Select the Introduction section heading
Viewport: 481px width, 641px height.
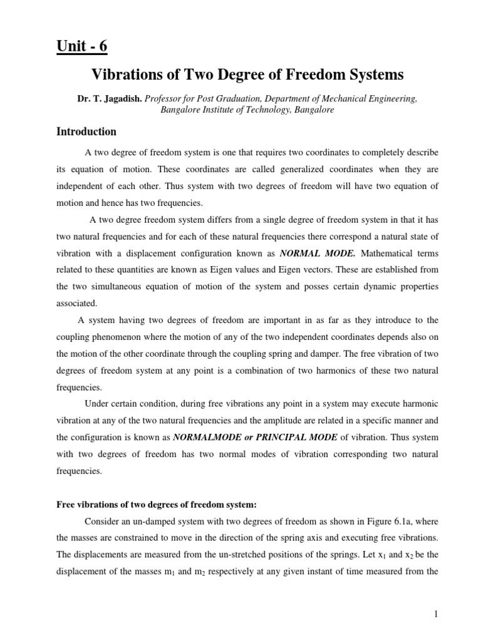[86, 131]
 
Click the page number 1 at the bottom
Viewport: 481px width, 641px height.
[435, 615]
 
